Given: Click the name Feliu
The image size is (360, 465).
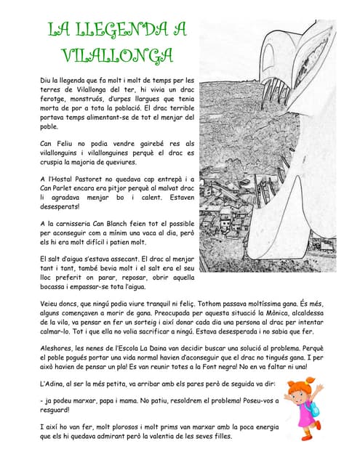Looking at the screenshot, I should click(66, 144).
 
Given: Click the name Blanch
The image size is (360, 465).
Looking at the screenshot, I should click(137, 225).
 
